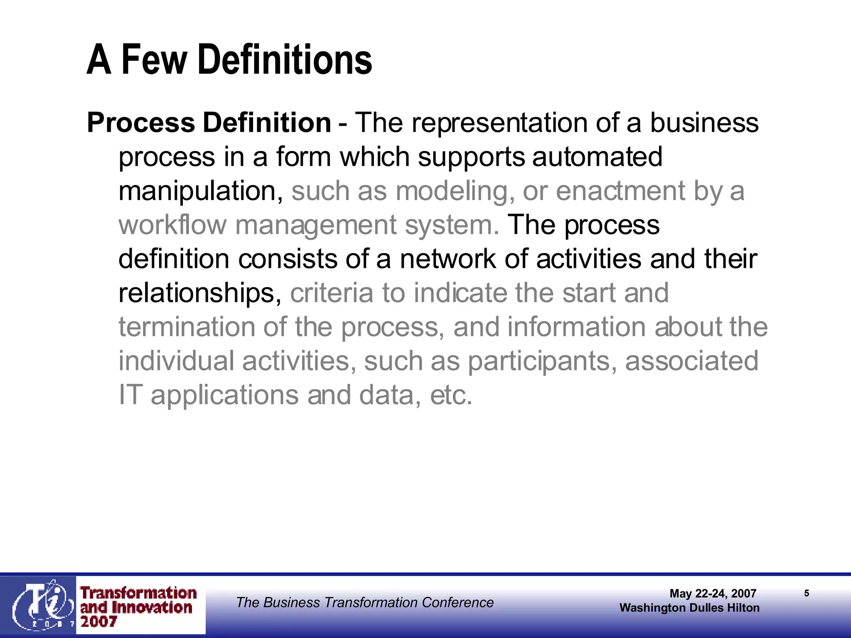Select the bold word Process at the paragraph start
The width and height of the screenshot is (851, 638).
click(141, 123)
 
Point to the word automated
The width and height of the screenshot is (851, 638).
click(597, 157)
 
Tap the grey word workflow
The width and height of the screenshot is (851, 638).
click(172, 225)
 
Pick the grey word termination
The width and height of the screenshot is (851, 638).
click(187, 327)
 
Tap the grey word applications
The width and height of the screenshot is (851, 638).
click(224, 395)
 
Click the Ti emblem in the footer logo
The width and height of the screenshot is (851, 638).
click(41, 605)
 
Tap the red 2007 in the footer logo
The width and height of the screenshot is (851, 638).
click(98, 622)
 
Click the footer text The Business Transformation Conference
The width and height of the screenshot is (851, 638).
click(365, 602)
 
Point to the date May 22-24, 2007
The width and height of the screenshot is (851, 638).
click(713, 593)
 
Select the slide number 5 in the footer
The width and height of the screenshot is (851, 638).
click(807, 593)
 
